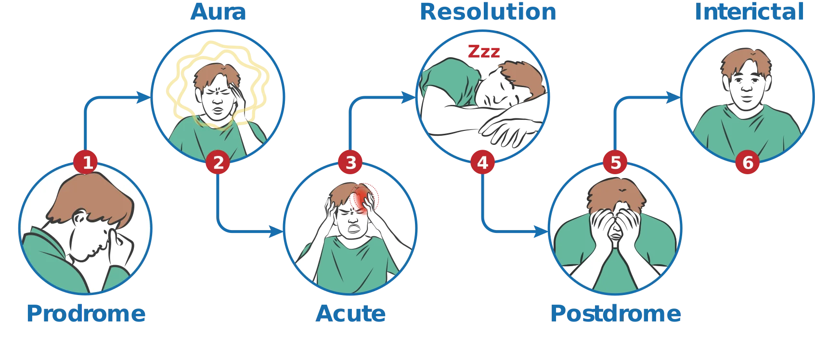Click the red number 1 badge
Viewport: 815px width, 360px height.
[86, 162]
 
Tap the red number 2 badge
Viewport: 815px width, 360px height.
[218, 162]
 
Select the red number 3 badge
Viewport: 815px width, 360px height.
[350, 162]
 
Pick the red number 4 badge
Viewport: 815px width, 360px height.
[482, 162]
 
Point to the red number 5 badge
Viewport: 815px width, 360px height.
[615, 162]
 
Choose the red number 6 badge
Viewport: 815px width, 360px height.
[747, 162]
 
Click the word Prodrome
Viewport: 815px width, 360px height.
[86, 313]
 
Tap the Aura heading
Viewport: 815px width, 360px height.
[218, 12]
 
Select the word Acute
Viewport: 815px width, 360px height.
[350, 313]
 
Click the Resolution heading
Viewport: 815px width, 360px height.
[488, 12]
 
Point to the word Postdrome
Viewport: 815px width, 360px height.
[616, 313]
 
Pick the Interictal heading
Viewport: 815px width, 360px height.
[749, 12]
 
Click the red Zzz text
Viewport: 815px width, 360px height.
[484, 51]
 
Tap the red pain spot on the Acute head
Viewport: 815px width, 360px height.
[362, 199]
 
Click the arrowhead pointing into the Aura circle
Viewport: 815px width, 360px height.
[143, 97]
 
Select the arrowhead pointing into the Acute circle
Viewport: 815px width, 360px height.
[276, 231]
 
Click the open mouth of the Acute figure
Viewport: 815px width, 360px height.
[354, 229]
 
